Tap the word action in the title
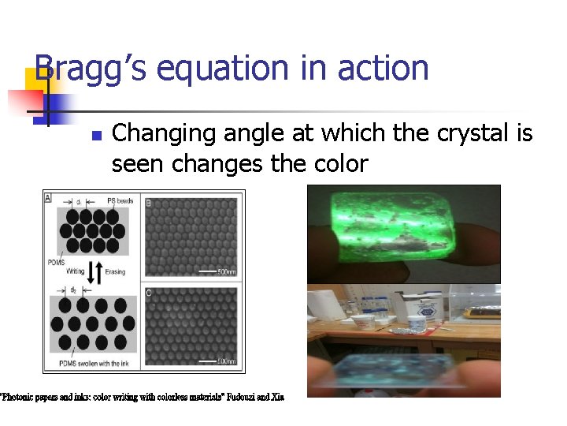[383, 69]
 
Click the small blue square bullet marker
[96, 136]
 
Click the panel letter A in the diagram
[49, 198]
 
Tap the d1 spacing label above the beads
[80, 202]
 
